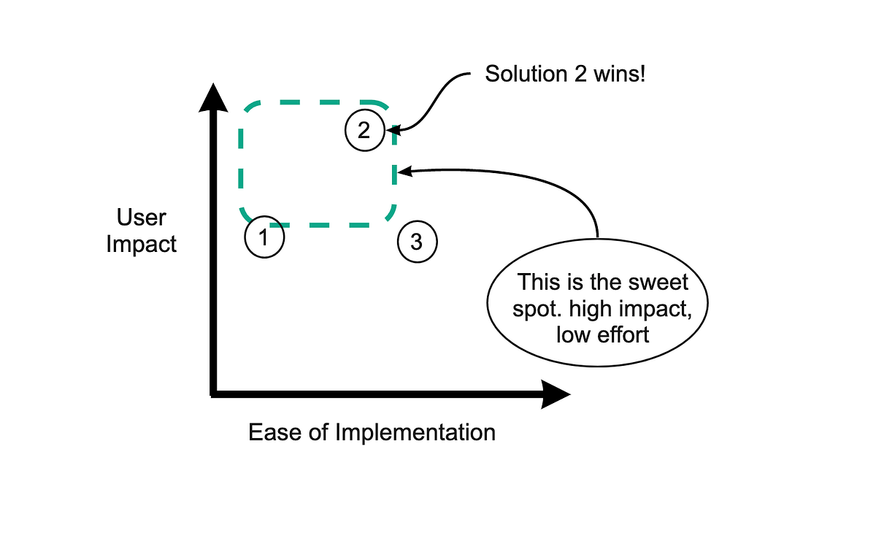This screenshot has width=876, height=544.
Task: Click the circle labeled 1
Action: click(x=264, y=237)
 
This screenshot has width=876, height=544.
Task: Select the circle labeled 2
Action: click(x=364, y=131)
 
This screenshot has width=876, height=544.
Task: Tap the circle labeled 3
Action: click(x=417, y=242)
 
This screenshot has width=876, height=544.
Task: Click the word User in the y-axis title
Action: click(x=142, y=218)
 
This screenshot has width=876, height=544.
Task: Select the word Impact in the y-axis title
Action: click(x=142, y=244)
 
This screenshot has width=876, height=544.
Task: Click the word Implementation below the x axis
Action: click(x=415, y=432)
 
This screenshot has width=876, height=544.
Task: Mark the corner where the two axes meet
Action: click(x=213, y=394)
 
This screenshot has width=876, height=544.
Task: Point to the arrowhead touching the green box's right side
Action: click(x=404, y=172)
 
